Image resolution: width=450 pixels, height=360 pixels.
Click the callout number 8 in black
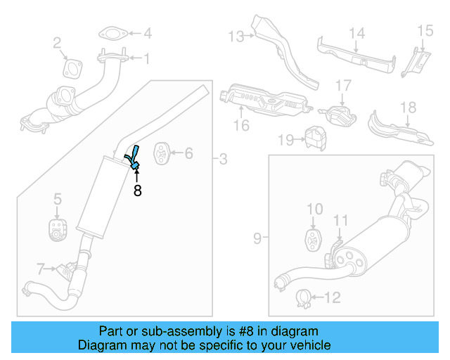pos(137,190)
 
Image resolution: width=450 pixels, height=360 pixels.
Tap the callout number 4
pos(147,33)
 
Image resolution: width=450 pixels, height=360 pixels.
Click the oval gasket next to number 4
pos(111,33)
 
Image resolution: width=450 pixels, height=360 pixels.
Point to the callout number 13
pos(235,35)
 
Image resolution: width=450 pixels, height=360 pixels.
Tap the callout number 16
pos(242,126)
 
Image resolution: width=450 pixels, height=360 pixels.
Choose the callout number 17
pos(342,86)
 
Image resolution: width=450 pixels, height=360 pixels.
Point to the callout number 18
pos(409,108)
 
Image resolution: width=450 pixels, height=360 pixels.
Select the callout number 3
pos(223,160)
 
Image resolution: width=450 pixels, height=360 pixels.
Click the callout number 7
pos(41,268)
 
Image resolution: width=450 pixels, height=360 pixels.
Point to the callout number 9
pos(257,239)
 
